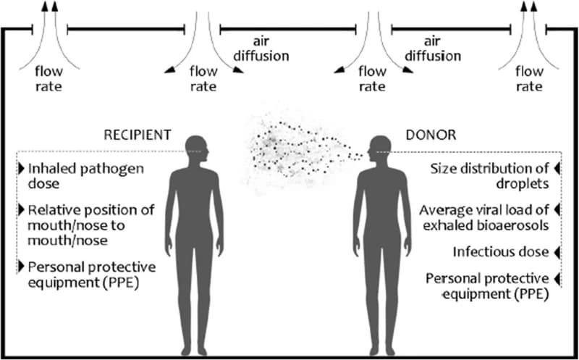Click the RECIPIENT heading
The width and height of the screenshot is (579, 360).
[138, 135]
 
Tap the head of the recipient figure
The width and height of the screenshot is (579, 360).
[196, 149]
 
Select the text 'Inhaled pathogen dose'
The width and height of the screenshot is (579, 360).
[75, 175]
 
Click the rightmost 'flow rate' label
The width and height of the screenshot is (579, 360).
[528, 79]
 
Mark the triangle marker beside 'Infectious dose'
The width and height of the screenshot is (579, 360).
[557, 252]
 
